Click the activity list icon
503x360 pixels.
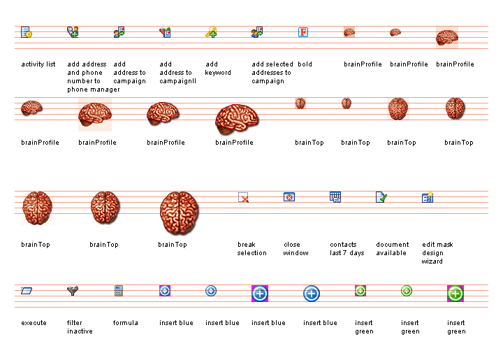tap(27, 32)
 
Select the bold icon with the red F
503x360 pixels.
tap(303, 32)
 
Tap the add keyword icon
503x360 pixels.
tap(211, 32)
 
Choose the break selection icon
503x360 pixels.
tap(243, 198)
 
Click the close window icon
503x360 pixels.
tap(289, 197)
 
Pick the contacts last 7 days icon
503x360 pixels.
tap(335, 197)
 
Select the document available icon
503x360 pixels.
tap(381, 197)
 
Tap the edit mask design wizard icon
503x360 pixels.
tap(428, 197)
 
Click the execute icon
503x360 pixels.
tap(27, 291)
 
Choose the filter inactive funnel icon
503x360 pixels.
tap(73, 291)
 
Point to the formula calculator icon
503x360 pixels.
tap(119, 291)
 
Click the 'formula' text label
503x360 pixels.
tap(126, 323)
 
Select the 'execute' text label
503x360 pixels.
tap(34, 323)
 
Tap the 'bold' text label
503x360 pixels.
tap(305, 64)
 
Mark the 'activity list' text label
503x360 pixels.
tap(38, 64)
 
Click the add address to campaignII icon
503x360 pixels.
tap(165, 32)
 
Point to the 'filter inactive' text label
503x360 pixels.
tap(80, 327)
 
